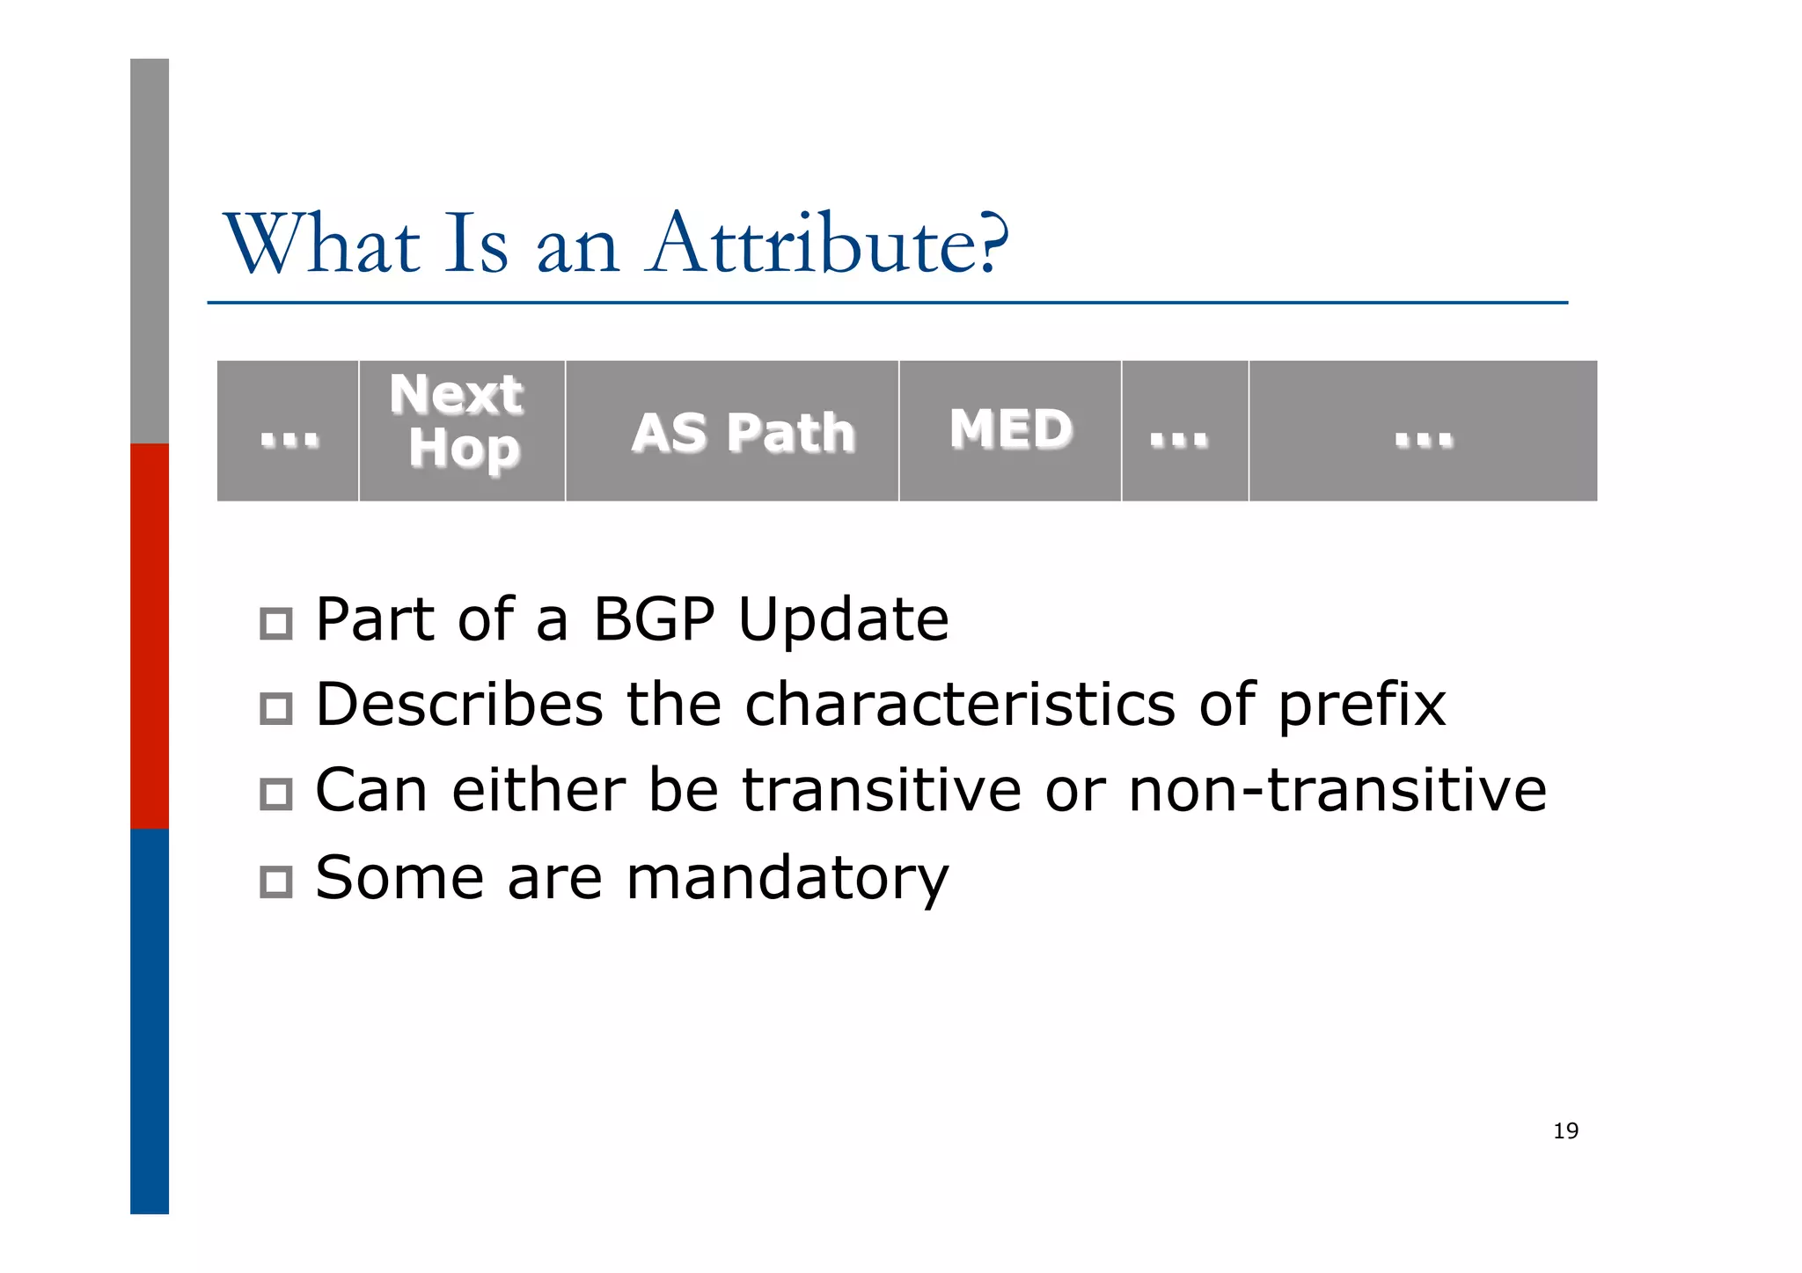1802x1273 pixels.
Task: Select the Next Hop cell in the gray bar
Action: point(462,430)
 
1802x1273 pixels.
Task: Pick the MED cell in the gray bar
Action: point(1010,430)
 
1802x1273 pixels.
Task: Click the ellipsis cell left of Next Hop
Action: point(289,430)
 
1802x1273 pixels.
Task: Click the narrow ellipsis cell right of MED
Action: point(1184,430)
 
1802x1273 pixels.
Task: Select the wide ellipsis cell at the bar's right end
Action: point(1423,430)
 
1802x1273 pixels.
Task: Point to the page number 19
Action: point(1565,1130)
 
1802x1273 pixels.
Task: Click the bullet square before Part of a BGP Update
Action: point(276,624)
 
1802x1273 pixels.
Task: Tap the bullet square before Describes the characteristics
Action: point(276,708)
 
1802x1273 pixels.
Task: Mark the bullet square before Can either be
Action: point(276,794)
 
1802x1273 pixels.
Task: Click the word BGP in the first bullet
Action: point(653,619)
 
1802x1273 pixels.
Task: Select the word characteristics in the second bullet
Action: point(959,705)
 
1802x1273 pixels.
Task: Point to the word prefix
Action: point(1361,705)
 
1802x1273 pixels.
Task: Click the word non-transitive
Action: point(1337,789)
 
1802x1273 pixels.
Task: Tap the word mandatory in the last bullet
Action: point(787,877)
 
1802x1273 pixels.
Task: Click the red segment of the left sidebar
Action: point(150,635)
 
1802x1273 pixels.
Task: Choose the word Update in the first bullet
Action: point(843,619)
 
